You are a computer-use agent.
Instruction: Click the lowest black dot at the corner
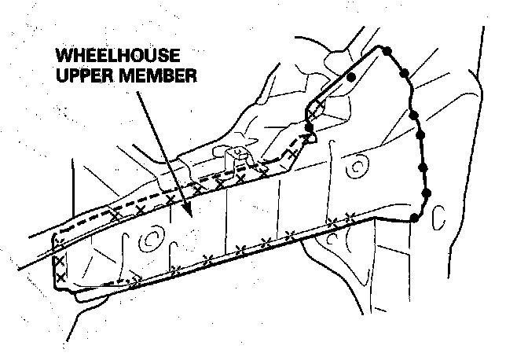(414, 217)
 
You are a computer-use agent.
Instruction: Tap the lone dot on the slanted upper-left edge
(352, 76)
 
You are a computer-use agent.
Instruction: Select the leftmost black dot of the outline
(308, 125)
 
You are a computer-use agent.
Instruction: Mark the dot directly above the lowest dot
(427, 193)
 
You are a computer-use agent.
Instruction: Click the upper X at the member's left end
(59, 260)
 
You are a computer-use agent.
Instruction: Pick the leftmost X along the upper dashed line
(115, 215)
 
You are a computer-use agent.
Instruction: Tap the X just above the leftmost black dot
(313, 115)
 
